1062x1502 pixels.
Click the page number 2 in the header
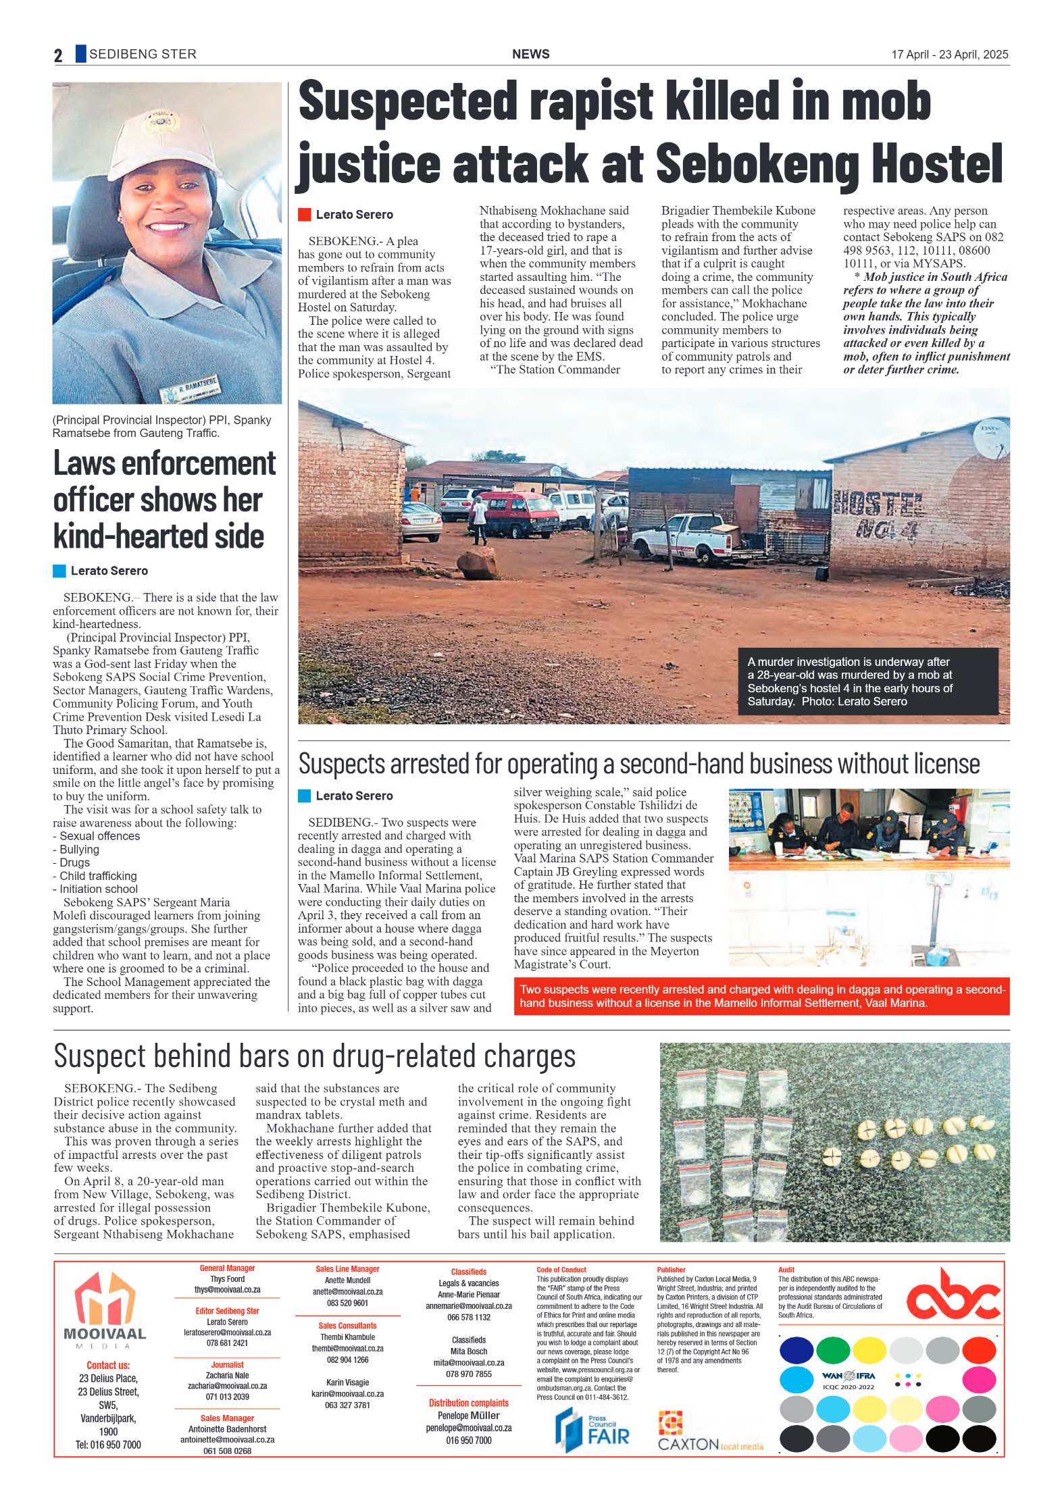pyautogui.click(x=58, y=55)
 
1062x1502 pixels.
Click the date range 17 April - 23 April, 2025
pyautogui.click(x=949, y=55)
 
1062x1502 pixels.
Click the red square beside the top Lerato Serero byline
pyautogui.click(x=305, y=215)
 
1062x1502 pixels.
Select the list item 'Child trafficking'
pyautogui.click(x=98, y=876)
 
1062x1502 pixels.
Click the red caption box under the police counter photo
pyautogui.click(x=761, y=996)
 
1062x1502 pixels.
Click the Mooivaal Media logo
pyautogui.click(x=105, y=1310)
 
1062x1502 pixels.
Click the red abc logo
pyautogui.click(x=953, y=1295)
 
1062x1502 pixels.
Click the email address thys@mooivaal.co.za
pyautogui.click(x=227, y=1289)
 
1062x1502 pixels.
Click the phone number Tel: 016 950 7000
pyautogui.click(x=108, y=1445)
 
